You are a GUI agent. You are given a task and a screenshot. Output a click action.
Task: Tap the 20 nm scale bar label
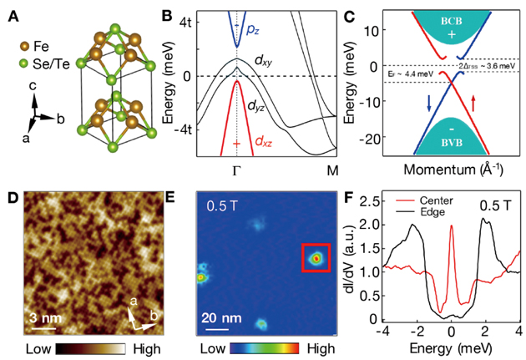218,317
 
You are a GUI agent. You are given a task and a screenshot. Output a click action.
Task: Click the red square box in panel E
316,259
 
